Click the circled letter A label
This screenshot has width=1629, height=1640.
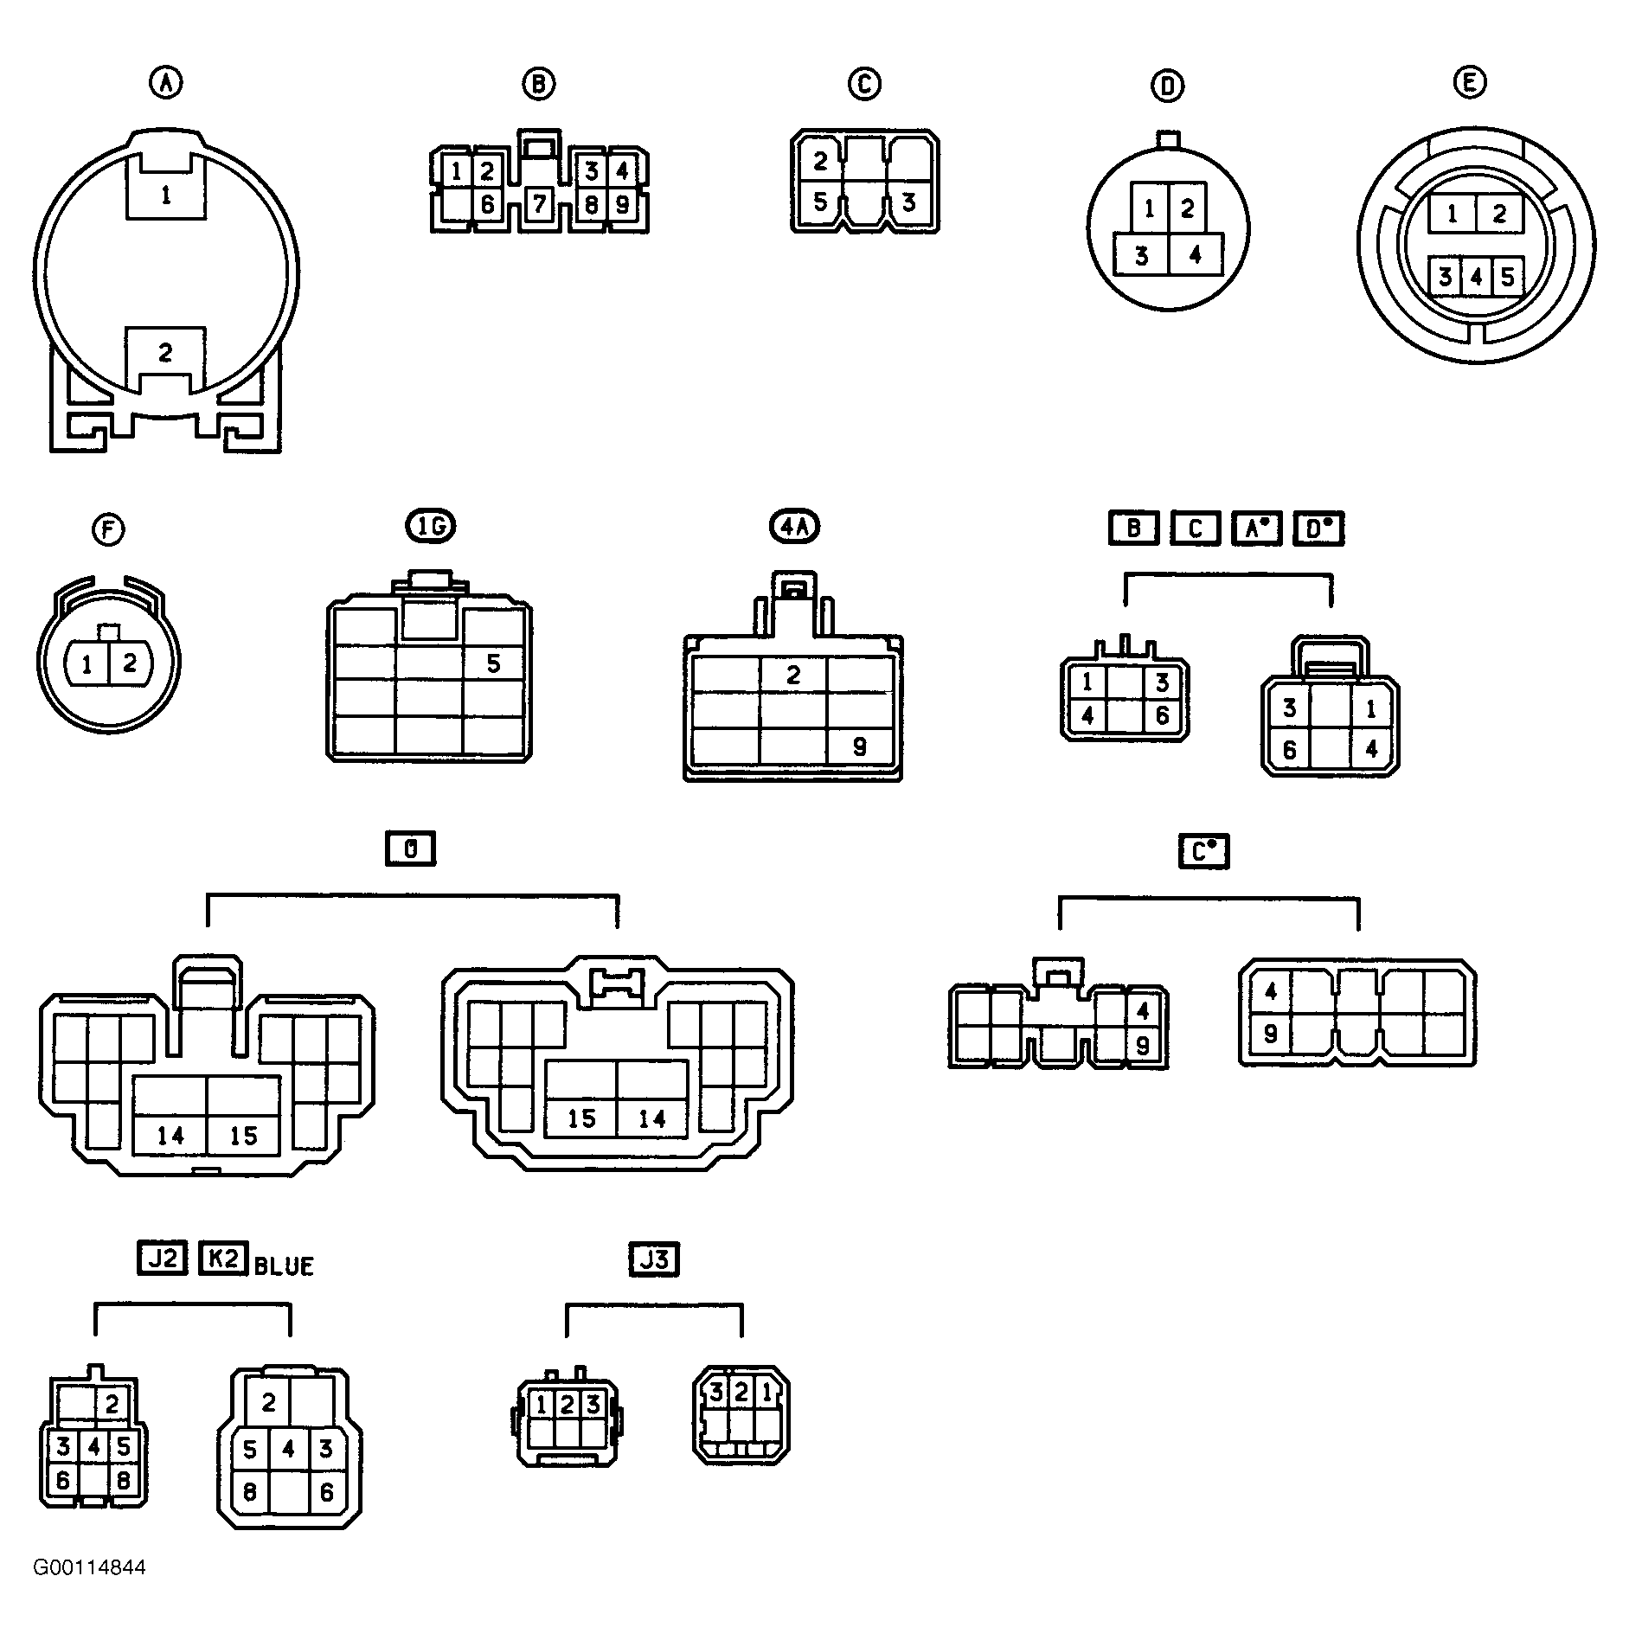[x=166, y=83]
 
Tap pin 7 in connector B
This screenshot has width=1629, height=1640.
[x=539, y=204]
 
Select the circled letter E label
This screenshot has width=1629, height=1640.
[x=1470, y=82]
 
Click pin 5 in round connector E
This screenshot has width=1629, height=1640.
[x=1508, y=277]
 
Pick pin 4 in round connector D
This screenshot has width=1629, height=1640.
[x=1196, y=255]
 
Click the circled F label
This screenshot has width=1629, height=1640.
[x=108, y=529]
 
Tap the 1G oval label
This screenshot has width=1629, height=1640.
[x=431, y=526]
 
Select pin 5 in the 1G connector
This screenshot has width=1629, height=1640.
[x=494, y=663]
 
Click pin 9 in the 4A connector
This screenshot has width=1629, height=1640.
[x=859, y=746]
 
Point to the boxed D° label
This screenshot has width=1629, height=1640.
[x=1319, y=529]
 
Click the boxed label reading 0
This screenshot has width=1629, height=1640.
[x=411, y=849]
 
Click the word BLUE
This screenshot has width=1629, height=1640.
[x=284, y=1266]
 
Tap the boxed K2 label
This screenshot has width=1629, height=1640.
[x=224, y=1259]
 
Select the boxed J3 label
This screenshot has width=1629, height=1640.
[x=654, y=1260]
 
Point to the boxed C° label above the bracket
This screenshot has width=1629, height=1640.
[x=1204, y=852]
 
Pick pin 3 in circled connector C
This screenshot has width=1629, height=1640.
[x=907, y=202]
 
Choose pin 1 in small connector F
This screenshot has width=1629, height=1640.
[x=87, y=664]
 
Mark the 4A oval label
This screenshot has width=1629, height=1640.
[x=794, y=526]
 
